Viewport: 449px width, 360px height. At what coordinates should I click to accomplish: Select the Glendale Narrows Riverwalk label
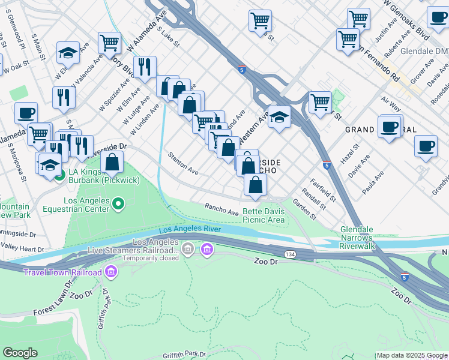366,238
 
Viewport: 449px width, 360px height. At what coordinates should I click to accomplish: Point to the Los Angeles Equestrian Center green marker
118,205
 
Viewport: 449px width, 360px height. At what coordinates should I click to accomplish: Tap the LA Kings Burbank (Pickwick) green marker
59,176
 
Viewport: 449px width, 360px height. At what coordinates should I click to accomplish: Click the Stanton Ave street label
183,163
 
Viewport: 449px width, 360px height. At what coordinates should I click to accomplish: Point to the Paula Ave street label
373,184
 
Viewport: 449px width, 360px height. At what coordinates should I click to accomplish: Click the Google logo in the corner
20,353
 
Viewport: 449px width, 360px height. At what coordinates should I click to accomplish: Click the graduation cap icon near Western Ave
279,117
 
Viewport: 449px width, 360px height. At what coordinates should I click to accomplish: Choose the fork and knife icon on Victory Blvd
144,67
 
